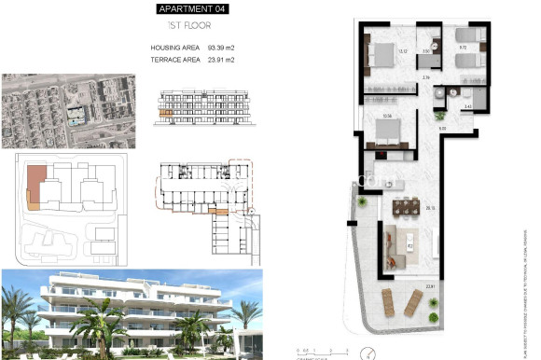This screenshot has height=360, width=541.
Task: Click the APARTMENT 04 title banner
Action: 191,9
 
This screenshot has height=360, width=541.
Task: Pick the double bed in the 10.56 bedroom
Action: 384,137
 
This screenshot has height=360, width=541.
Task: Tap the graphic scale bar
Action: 312,353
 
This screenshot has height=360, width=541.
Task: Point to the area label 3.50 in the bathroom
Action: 426,51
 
